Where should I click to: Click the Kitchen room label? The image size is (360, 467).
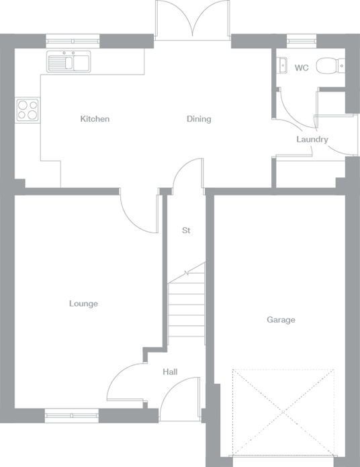point(95,119)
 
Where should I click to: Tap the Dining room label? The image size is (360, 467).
point(199,119)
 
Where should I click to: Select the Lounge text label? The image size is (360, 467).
point(83,304)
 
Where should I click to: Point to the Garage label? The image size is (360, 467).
point(281,320)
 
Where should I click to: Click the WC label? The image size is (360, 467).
point(301,68)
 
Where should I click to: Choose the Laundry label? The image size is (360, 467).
point(312,140)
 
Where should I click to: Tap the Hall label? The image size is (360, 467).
point(170,372)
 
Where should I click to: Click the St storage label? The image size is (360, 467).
point(186,230)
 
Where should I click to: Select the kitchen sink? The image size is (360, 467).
point(69,62)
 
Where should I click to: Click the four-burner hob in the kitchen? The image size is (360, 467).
point(27,110)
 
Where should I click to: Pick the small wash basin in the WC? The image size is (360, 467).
point(281,66)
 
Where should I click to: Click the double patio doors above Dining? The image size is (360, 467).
point(193,20)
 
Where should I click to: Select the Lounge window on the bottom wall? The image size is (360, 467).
point(72,416)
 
